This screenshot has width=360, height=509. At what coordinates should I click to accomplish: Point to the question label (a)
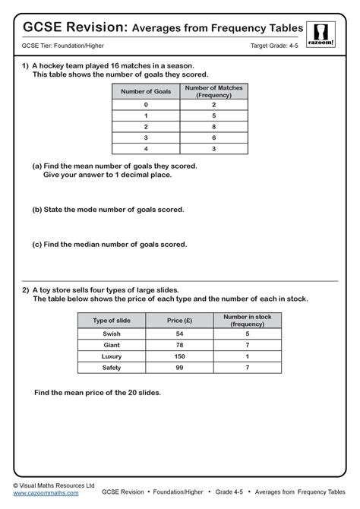coord(36,165)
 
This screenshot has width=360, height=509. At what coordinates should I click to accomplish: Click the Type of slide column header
coord(112,321)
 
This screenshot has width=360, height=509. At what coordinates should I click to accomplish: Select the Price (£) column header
coord(179,321)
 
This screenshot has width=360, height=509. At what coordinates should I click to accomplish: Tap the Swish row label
coord(112,334)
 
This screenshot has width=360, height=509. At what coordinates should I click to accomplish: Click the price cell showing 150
coord(179,356)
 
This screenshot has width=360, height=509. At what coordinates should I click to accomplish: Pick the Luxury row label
coord(112,356)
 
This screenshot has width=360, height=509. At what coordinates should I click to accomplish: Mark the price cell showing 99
coord(179,367)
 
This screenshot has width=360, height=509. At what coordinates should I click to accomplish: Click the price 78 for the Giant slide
coord(179,345)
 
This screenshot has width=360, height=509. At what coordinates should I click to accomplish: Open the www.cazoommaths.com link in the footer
coord(46,494)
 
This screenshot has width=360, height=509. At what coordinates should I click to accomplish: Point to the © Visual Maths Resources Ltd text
coord(53,485)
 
